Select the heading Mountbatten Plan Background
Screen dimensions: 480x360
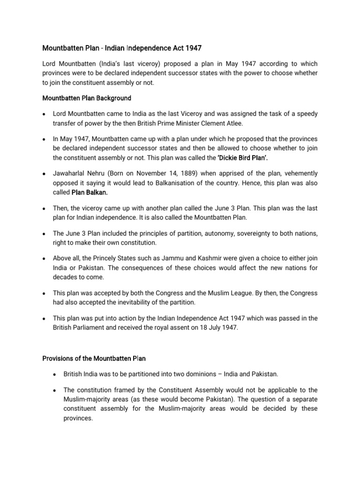(87, 98)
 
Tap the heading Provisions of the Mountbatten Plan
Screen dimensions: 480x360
(94, 358)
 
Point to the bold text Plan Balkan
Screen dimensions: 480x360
(90, 192)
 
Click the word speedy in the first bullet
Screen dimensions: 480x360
(307, 114)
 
